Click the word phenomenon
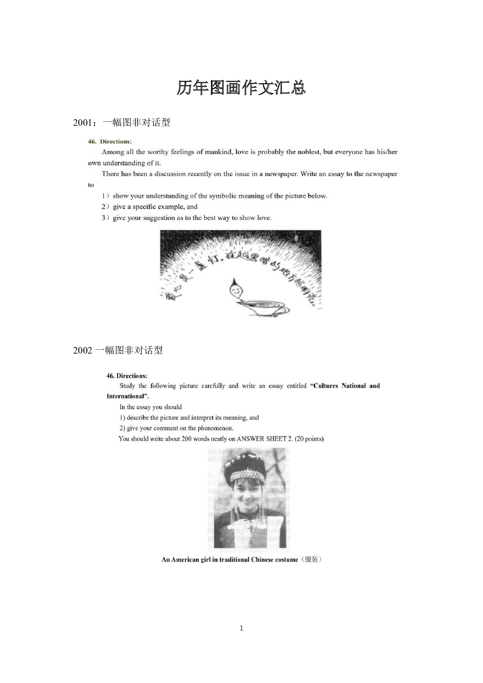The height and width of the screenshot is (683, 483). [215, 428]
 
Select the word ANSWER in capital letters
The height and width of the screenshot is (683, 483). [250, 439]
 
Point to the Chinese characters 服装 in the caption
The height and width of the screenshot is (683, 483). [312, 560]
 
